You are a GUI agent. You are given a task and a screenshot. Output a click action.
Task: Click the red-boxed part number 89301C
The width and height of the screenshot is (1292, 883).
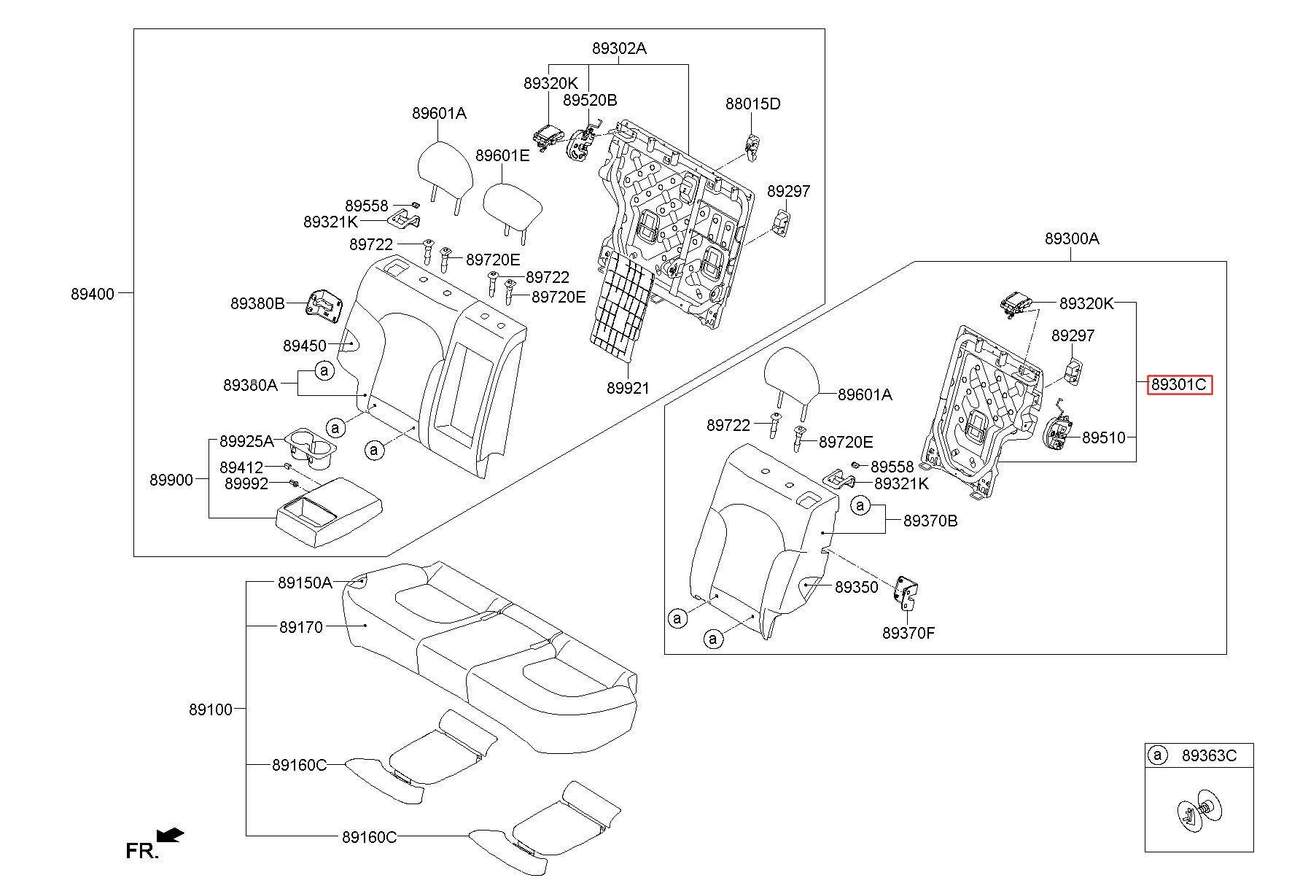point(1179,384)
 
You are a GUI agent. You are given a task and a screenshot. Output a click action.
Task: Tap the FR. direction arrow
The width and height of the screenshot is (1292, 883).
point(171,835)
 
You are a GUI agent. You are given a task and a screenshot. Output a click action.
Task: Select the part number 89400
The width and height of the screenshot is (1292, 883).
point(93,294)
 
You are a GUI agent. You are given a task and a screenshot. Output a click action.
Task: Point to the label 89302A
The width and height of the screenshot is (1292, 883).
point(619,49)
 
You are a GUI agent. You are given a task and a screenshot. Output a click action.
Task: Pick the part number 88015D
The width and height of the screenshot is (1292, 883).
point(752,104)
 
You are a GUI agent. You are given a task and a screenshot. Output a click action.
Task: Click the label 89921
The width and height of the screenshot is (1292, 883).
point(628,389)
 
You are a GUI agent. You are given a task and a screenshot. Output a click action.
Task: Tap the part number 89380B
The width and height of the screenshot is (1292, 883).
point(257,304)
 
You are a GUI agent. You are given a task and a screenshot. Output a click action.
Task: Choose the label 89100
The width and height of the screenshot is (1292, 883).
point(211,709)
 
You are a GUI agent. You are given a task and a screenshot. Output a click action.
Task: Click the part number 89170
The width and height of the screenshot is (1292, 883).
point(300,627)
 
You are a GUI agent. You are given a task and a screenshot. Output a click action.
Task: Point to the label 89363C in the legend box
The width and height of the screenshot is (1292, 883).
point(1209,756)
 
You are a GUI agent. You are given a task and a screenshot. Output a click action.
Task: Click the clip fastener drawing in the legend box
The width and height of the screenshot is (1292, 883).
point(1199,809)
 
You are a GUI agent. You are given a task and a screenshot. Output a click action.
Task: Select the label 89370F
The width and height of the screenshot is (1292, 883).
point(908,633)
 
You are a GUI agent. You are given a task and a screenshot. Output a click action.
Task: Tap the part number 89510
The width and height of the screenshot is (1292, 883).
point(1104,437)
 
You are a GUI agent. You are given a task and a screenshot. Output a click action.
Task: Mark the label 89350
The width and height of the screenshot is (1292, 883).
point(857,587)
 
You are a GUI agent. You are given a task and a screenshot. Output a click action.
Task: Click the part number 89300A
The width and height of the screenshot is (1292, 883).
point(1072,238)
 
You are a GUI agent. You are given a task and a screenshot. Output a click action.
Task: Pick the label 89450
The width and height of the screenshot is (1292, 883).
point(305,346)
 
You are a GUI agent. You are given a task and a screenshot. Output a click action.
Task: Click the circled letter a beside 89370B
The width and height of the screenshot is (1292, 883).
point(861,505)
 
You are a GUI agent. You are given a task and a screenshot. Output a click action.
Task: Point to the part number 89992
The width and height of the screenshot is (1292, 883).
point(246,483)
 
